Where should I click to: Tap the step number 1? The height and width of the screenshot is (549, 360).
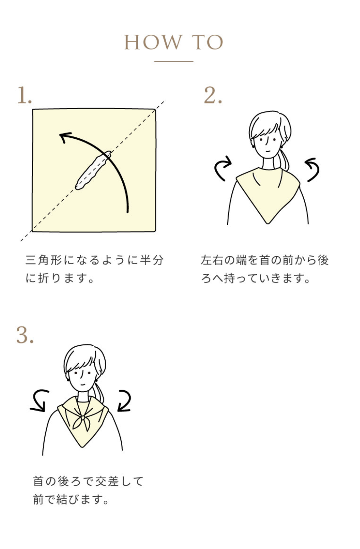pos(25,95)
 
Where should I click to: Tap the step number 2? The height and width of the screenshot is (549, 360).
pos(213,95)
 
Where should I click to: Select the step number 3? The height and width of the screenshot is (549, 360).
pos(25,335)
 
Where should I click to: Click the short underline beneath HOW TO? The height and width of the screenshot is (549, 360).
pos(174,61)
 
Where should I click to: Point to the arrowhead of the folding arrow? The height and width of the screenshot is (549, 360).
pos(65,137)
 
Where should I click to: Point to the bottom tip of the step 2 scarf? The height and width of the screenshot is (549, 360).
pos(268,223)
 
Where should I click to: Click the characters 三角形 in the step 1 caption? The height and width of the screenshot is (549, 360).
pos(44,260)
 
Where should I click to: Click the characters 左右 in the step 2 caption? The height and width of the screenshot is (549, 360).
pos(211,260)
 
